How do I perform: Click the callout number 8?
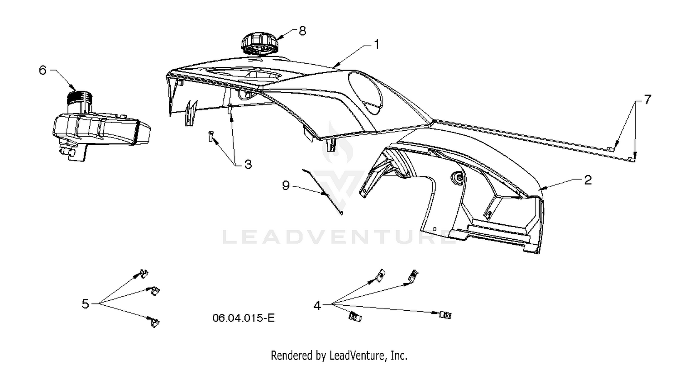[x=302, y=31]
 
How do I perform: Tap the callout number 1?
[x=377, y=44]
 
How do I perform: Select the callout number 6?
[x=43, y=70]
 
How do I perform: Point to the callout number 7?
[x=647, y=100]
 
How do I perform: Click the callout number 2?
[x=588, y=180]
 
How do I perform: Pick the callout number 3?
[x=248, y=165]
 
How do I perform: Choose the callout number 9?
[x=286, y=185]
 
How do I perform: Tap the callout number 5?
[x=86, y=303]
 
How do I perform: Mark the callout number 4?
[x=317, y=306]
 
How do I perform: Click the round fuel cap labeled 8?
[x=259, y=44]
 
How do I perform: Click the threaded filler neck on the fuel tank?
[x=79, y=97]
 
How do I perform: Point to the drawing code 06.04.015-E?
[x=244, y=318]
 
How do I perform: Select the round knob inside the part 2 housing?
[x=458, y=177]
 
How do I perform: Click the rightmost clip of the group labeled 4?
[x=445, y=315]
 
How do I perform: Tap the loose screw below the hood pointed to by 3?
[x=210, y=136]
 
